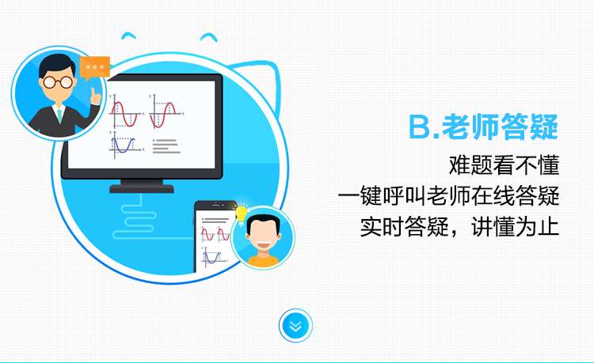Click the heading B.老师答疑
[483, 127]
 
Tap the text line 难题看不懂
[504, 164]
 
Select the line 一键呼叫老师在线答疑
[448, 196]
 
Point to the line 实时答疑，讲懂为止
[459, 227]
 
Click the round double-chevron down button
[295, 326]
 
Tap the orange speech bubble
[95, 68]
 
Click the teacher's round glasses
[58, 81]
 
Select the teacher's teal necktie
[59, 115]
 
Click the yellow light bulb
[242, 214]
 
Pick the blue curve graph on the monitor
[124, 145]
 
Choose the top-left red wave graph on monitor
[125, 112]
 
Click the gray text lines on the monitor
[166, 146]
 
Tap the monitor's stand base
[142, 189]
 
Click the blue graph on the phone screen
[211, 257]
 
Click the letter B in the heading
[420, 127]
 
